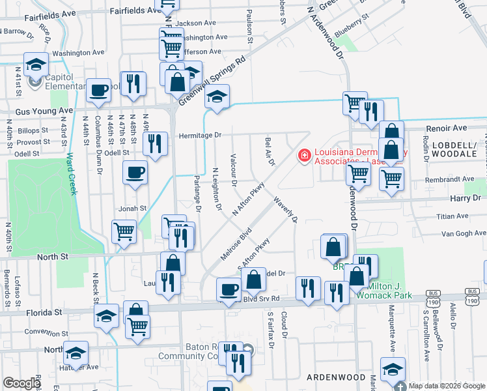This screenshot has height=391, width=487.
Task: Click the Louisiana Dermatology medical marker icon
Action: (303, 155)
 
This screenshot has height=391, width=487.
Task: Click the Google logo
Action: (22, 383)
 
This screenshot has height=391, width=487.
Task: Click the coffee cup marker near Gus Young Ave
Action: (99, 91)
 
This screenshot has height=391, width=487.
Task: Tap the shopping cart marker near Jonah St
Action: (124, 231)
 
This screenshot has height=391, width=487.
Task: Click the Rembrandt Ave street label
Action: (451, 179)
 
